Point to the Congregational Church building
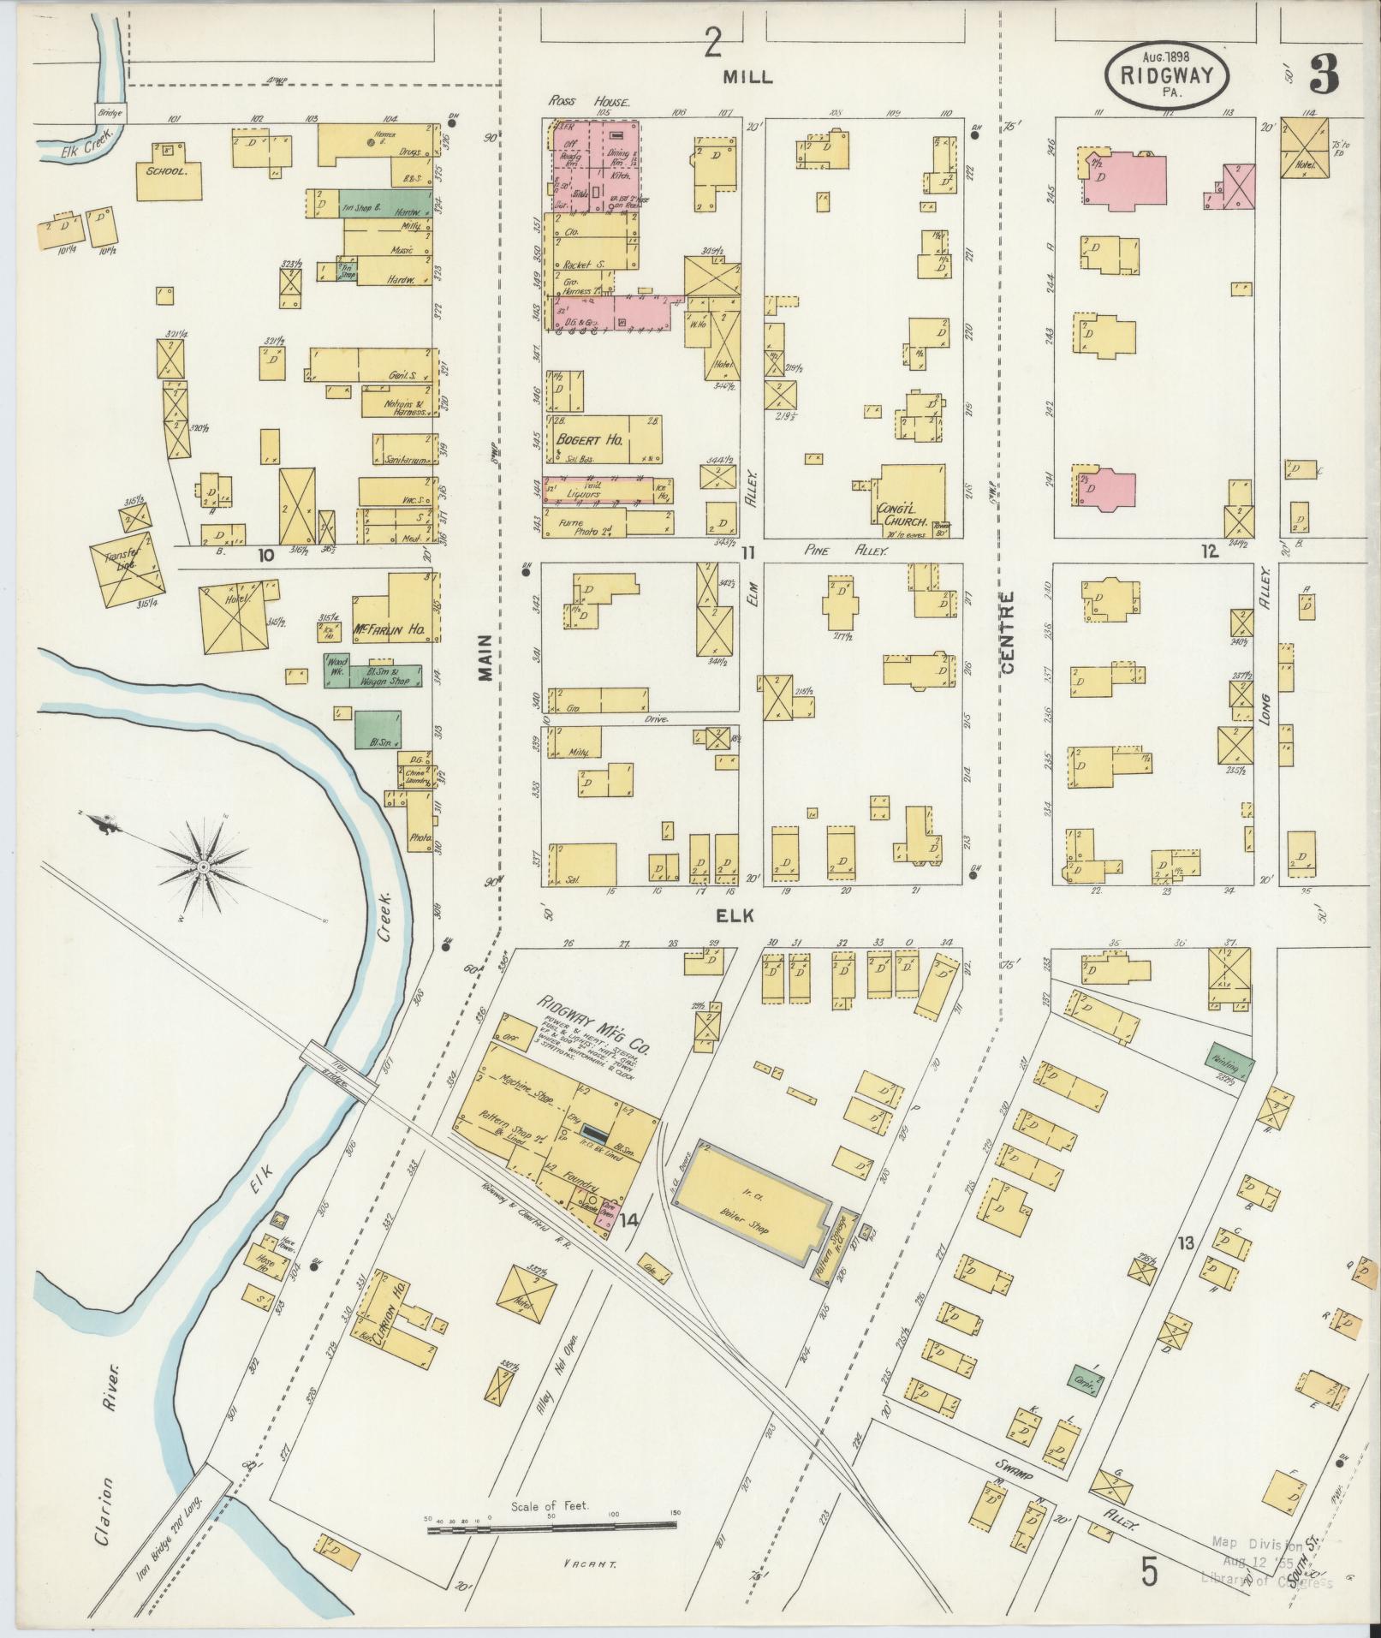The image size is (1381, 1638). coord(913,500)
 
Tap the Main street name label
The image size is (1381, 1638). coord(485,658)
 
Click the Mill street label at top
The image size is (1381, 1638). coord(747,76)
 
